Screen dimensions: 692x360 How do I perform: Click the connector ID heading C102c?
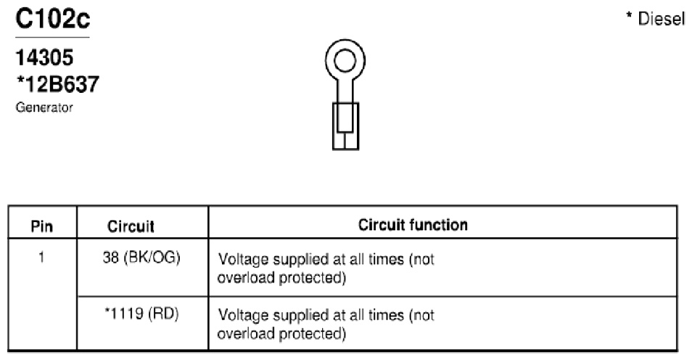[x=52, y=19]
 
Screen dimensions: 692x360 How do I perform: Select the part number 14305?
[x=44, y=58]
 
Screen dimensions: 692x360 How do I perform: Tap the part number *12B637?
[x=57, y=84]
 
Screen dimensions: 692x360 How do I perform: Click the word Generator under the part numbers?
[x=44, y=107]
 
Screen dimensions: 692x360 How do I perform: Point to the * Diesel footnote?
[x=656, y=19]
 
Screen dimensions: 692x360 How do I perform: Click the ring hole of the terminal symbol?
[x=345, y=60]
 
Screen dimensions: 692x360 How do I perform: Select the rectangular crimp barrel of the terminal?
[x=345, y=126]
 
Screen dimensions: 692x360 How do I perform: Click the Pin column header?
[x=42, y=226]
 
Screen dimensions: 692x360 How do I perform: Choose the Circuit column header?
[x=131, y=226]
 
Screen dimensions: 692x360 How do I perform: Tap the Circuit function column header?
[x=413, y=225]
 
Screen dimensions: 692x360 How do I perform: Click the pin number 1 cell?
[x=41, y=257]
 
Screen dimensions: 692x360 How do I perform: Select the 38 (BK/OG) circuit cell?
[x=141, y=258]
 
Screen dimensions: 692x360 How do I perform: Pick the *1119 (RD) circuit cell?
[x=141, y=314]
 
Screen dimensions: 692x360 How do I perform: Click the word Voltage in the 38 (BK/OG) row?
[x=244, y=259]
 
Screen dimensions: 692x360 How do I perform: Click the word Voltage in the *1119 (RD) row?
[x=244, y=316]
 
